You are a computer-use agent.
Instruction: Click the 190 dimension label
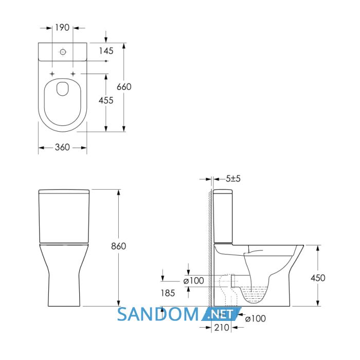pyautogui.click(x=62, y=28)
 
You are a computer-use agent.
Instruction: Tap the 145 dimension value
pyautogui.click(x=106, y=51)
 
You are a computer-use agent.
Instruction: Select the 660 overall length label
pyautogui.click(x=124, y=87)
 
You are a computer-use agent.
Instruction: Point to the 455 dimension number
pyautogui.click(x=106, y=100)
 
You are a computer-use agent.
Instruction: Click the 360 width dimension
pyautogui.click(x=62, y=147)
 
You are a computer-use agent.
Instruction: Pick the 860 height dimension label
pyautogui.click(x=118, y=246)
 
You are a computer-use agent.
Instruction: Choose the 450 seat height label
pyautogui.click(x=318, y=278)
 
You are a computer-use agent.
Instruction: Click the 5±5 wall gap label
pyautogui.click(x=233, y=178)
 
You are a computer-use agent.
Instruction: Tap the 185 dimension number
pyautogui.click(x=168, y=293)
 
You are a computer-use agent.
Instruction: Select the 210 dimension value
pyautogui.click(x=222, y=328)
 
